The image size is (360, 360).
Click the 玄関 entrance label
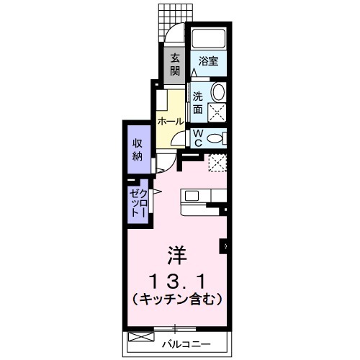pyautogui.click(x=175, y=66)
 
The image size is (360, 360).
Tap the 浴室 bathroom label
pyautogui.click(x=209, y=62)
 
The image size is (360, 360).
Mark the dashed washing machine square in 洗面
pyautogui.click(x=217, y=112)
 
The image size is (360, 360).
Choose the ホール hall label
pyautogui.click(x=170, y=121)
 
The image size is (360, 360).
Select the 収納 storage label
pyautogui.click(x=137, y=149)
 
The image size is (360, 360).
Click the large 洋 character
pyautogui.click(x=176, y=254)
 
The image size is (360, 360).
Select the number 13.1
pyautogui.click(x=176, y=279)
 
